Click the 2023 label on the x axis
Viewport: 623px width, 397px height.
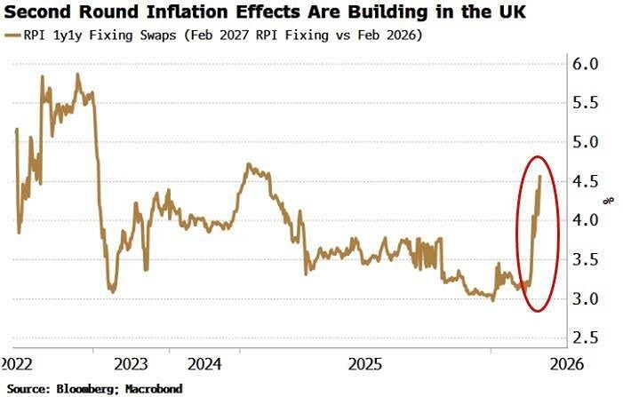click(132, 364)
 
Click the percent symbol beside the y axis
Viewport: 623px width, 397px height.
click(609, 200)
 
